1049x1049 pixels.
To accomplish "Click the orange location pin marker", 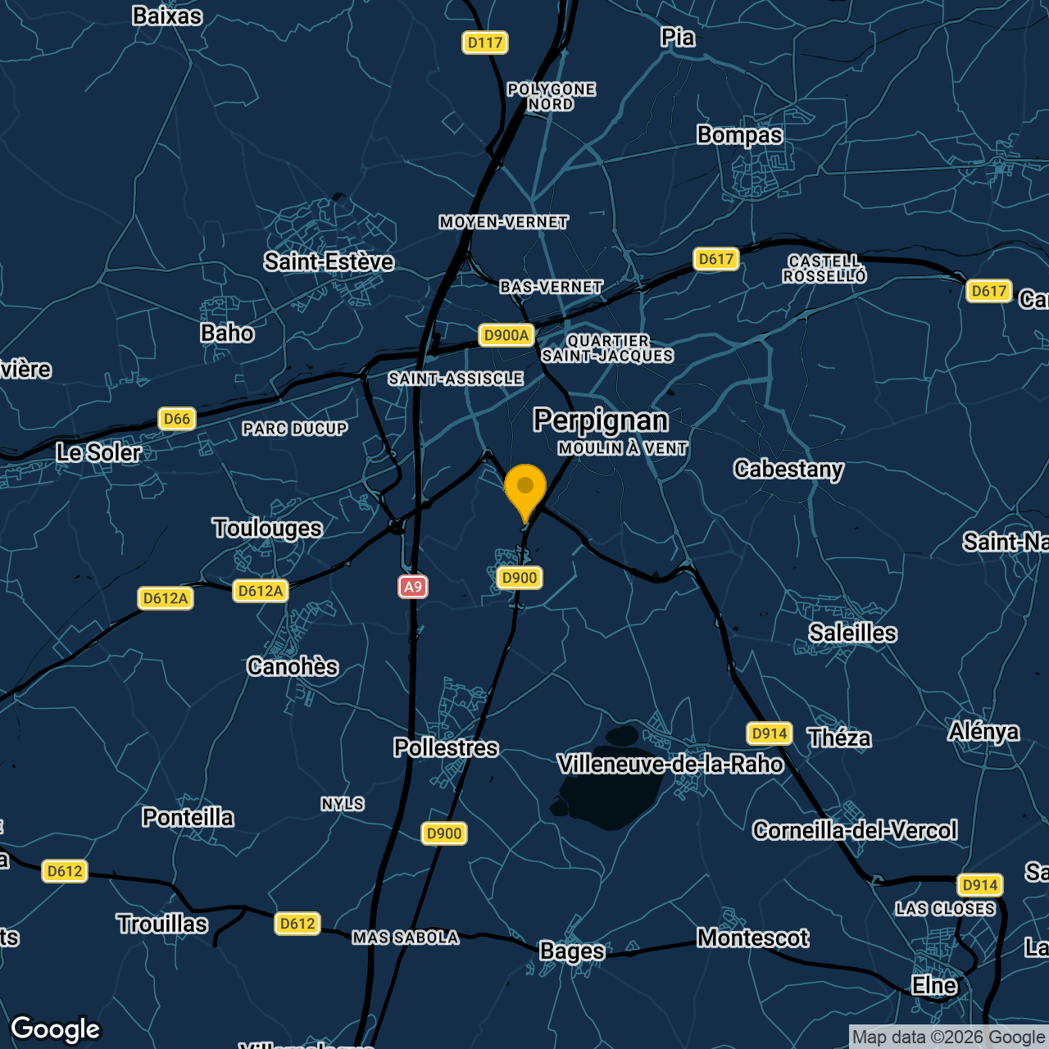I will click(525, 489).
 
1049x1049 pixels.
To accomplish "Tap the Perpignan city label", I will click(601, 420).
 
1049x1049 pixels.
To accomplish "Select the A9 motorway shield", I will click(413, 587).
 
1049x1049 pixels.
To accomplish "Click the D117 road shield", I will click(485, 43).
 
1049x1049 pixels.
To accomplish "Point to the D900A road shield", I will click(506, 335).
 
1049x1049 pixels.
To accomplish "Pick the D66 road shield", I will click(177, 419).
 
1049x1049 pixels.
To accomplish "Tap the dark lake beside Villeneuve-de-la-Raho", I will click(611, 787).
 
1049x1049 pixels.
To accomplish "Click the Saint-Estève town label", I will click(329, 262).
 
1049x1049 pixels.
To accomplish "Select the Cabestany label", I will click(788, 470).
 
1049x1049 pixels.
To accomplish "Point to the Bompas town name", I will click(740, 135).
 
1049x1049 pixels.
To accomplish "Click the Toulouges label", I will click(267, 529).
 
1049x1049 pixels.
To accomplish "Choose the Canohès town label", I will click(293, 667).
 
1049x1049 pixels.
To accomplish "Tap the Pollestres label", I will click(446, 748).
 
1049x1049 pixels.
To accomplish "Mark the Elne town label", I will click(934, 985).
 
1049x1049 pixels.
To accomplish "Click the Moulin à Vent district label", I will click(623, 448).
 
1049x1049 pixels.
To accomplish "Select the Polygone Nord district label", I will click(552, 97).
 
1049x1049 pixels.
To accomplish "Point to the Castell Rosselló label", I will click(824, 269).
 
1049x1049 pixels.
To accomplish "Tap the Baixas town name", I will click(167, 16).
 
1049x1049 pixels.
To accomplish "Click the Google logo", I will click(56, 1029).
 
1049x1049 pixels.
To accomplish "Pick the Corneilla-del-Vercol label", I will click(855, 831).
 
